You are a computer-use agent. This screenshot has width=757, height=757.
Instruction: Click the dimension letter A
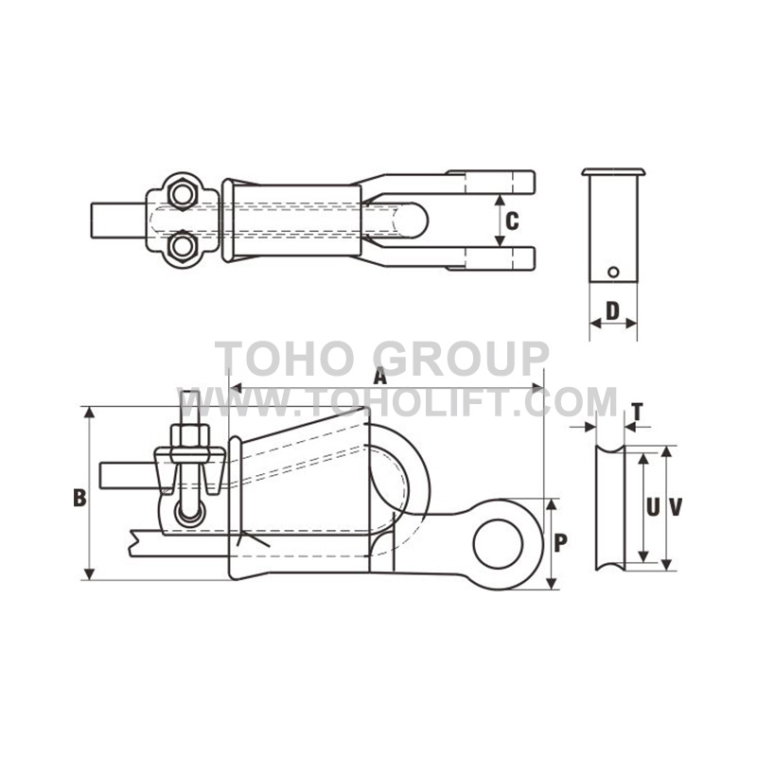380,376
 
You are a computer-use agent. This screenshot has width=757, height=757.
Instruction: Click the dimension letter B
79,498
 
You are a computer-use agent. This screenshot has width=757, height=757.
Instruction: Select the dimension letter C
511,222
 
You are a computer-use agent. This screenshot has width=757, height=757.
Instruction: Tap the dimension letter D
612,309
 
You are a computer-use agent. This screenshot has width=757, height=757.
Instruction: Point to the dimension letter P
560,543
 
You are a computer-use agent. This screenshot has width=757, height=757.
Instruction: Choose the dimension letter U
653,507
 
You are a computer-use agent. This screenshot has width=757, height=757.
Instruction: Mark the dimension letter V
676,507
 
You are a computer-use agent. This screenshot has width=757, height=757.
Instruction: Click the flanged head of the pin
612,172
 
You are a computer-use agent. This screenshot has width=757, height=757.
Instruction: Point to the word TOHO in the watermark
275,361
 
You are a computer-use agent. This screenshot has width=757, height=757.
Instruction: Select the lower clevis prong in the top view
492,257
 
